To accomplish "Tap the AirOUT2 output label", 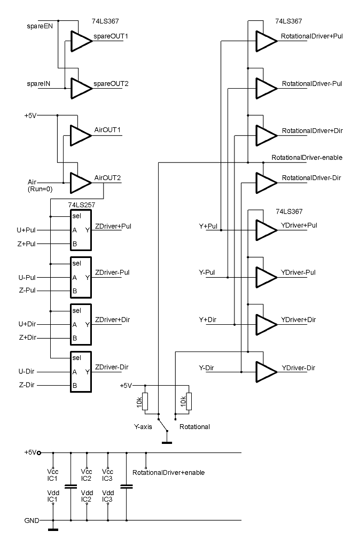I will [107, 178].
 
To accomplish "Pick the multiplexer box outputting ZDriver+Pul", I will [81, 230].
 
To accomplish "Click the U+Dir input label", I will [27, 324].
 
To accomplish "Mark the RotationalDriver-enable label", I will [307, 158].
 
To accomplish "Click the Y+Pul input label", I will [208, 226].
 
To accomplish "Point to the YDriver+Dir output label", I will [299, 319].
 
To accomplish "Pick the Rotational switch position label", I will [194, 427].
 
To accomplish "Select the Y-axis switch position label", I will [143, 427].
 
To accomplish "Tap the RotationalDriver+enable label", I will [168, 473].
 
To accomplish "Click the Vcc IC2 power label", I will [87, 474].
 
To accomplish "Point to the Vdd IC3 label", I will [107, 496].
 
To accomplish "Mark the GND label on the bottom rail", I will [32, 520].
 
